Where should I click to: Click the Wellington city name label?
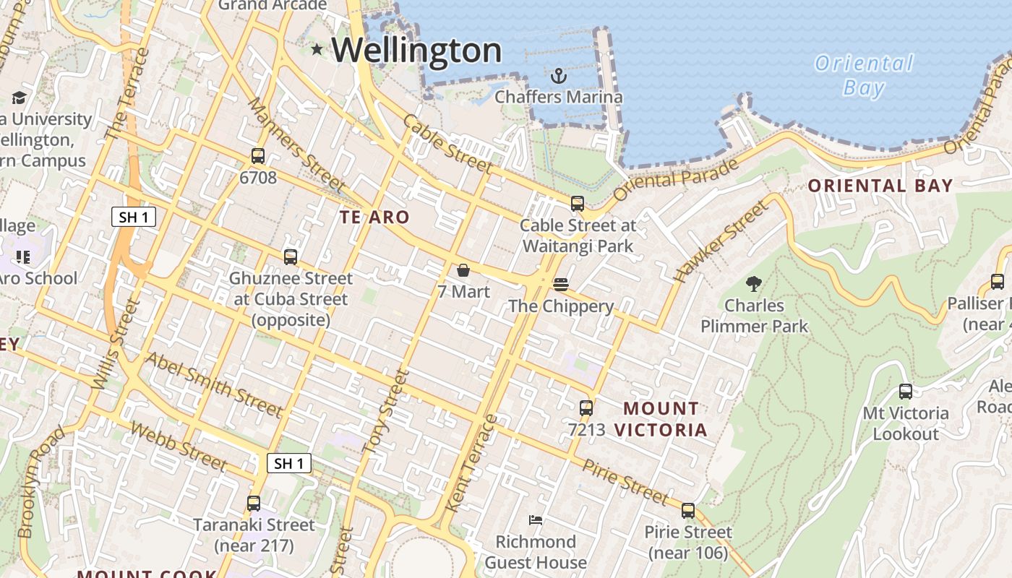[x=416, y=51]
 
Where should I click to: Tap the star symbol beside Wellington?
[x=317, y=49]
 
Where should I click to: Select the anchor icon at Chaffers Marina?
[x=558, y=76]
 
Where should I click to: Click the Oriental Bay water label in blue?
[x=864, y=75]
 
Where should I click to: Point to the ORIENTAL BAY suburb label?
[x=880, y=186]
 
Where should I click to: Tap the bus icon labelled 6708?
[x=257, y=155]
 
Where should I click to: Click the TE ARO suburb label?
[x=374, y=217]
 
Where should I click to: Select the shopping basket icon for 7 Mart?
[x=463, y=270]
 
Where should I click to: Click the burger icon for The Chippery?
[x=561, y=285]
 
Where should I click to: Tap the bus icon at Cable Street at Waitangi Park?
[x=577, y=204]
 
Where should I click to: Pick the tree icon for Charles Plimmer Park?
[x=753, y=284]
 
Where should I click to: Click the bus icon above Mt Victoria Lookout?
[x=905, y=392]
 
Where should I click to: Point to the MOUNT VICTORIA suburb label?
[x=661, y=419]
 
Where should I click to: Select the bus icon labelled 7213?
[x=586, y=408]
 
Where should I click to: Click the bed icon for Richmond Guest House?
[x=536, y=519]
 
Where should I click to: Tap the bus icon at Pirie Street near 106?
[x=687, y=511]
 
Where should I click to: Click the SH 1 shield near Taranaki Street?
[x=289, y=463]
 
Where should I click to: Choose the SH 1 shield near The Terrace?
[x=134, y=217]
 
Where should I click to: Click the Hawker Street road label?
[x=720, y=241]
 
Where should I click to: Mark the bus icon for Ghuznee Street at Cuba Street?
[x=291, y=256]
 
